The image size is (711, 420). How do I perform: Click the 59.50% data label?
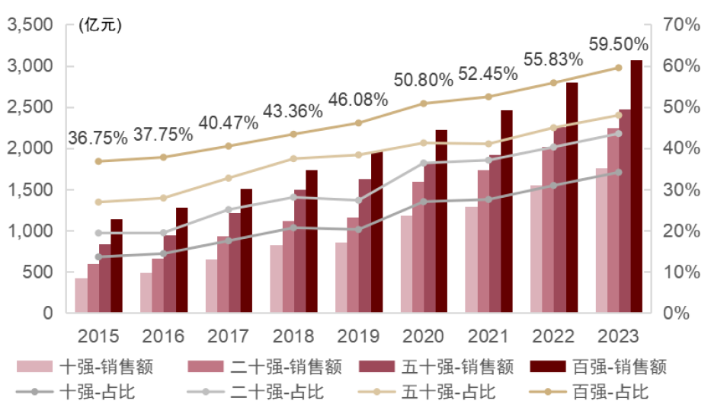pos(618,43)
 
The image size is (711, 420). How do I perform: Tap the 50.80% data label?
pos(423,80)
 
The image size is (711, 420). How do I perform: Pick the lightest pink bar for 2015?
pos(81,295)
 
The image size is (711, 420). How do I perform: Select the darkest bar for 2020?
pos(440,221)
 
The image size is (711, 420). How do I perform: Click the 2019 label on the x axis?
pos(357,336)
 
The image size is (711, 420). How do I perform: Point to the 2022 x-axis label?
pos(553,336)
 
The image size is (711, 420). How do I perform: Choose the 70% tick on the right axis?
pos(681,25)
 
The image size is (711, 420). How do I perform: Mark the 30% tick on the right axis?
pos(681,189)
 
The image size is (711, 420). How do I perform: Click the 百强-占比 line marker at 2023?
pos(618,68)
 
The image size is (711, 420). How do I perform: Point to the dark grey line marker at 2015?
pos(98,256)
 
